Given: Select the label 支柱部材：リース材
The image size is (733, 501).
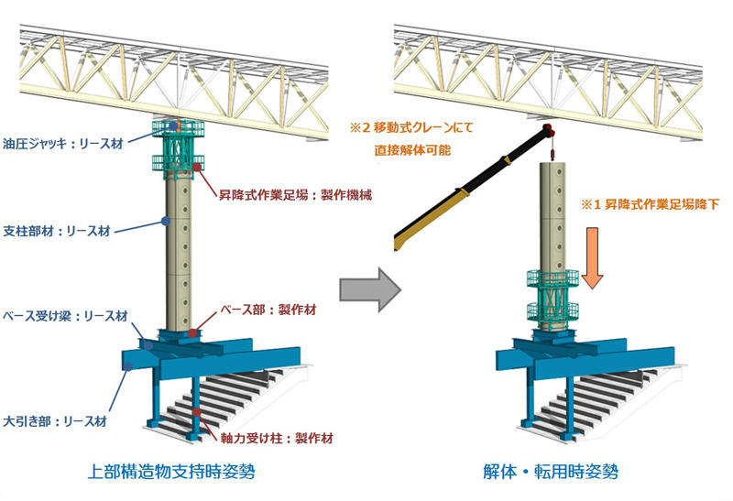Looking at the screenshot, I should point(56,231).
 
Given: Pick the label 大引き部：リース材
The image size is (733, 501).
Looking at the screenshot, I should point(54,422).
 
